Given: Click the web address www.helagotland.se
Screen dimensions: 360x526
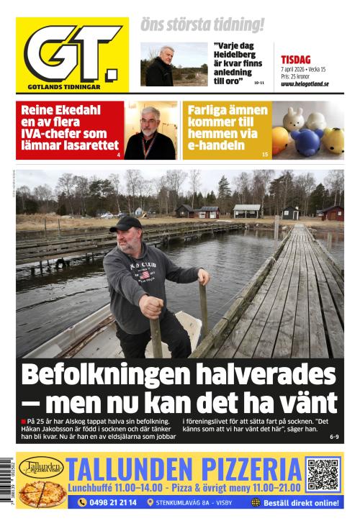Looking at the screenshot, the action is (x=305, y=84).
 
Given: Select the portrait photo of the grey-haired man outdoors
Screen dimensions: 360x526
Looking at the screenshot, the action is (x=163, y=65).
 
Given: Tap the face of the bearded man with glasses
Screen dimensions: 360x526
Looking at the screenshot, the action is (x=150, y=122).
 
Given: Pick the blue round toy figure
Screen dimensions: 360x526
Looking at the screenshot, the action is (x=305, y=140).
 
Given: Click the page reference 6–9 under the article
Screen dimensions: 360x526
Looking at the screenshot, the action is (x=333, y=437).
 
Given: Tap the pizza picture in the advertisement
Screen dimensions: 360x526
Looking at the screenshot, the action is (x=41, y=493).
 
